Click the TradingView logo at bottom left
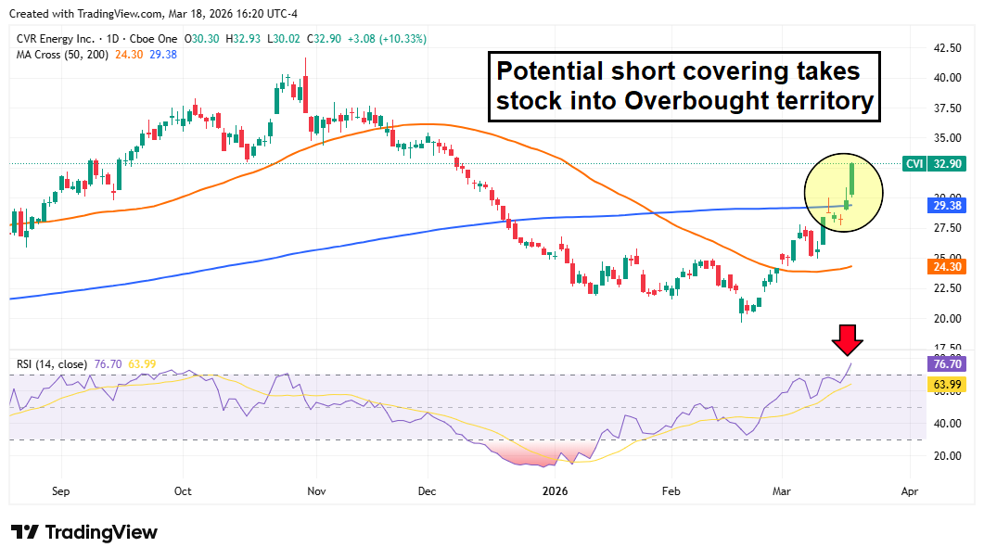click(x=84, y=532)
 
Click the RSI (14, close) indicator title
click(x=50, y=364)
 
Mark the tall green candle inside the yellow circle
click(x=852, y=181)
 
